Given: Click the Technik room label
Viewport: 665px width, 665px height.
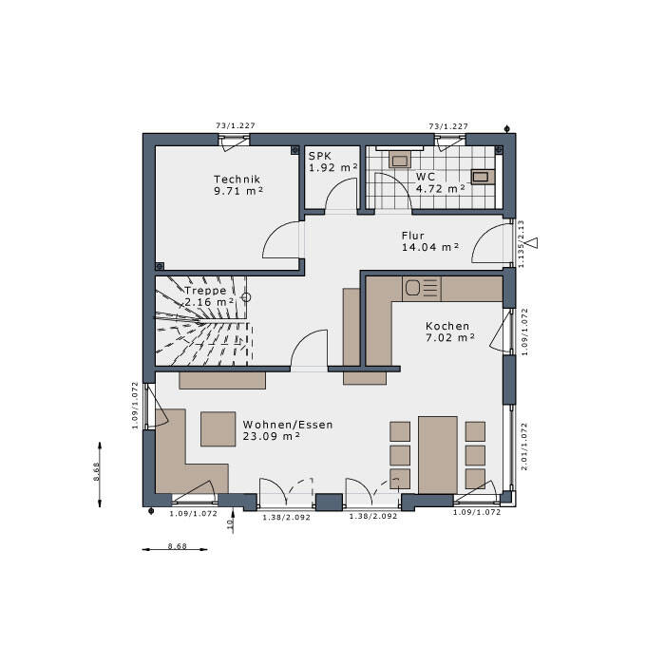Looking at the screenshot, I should click(237, 179).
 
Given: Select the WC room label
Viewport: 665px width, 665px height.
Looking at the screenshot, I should click(425, 177).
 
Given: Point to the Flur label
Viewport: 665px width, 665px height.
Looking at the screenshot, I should click(413, 235).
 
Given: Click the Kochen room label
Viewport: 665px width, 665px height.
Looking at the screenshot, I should click(447, 326).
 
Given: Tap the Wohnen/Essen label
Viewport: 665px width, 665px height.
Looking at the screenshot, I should click(288, 425).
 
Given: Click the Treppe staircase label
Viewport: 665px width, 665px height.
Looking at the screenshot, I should click(205, 291).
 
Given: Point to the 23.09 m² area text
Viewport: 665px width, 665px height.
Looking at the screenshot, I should click(272, 436).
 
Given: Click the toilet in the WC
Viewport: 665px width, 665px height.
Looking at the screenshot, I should click(484, 175).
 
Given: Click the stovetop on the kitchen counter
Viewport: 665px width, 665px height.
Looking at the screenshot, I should click(421, 287).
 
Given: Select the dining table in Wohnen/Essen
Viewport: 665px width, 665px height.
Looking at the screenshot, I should click(438, 454).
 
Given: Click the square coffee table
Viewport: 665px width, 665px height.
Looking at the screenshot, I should click(218, 428).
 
